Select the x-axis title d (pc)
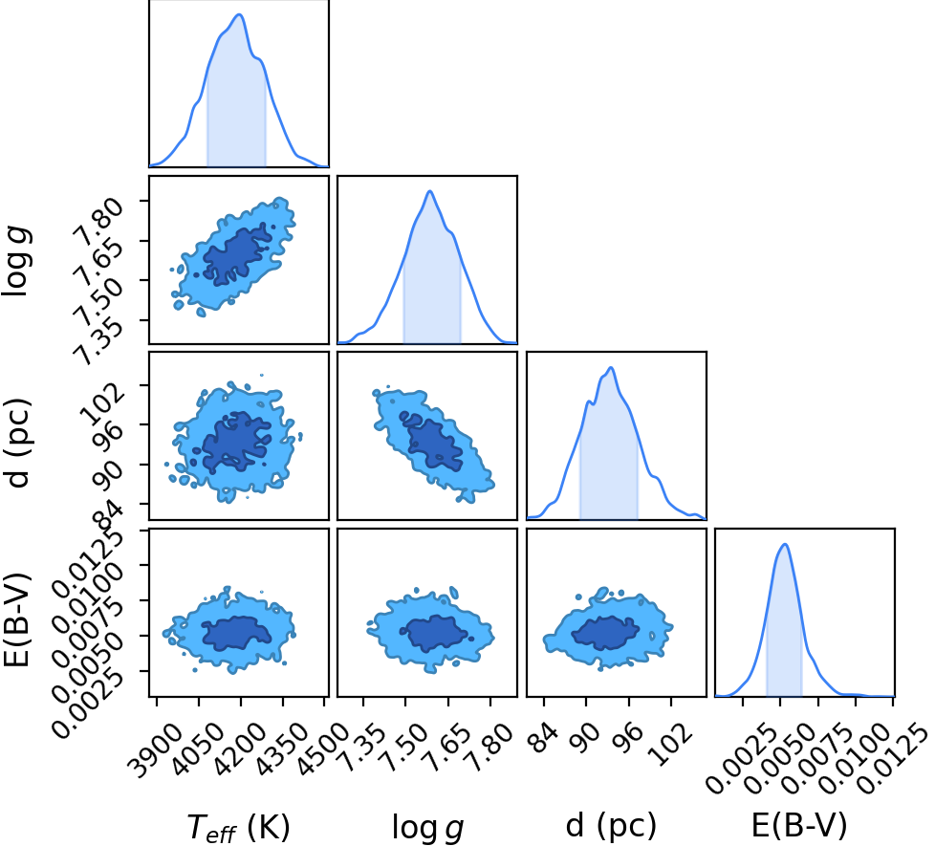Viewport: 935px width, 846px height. pyautogui.click(x=611, y=826)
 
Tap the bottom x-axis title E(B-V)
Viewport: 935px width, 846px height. pyautogui.click(x=799, y=826)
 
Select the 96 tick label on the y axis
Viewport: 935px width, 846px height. pyautogui.click(x=110, y=429)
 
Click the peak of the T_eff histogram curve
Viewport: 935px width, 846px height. pyautogui.click(x=239, y=14)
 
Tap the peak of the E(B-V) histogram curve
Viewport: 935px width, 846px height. pyautogui.click(x=785, y=544)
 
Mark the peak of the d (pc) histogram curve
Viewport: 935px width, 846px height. pyautogui.click(x=611, y=367)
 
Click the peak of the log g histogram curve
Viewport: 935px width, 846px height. pyautogui.click(x=429, y=191)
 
